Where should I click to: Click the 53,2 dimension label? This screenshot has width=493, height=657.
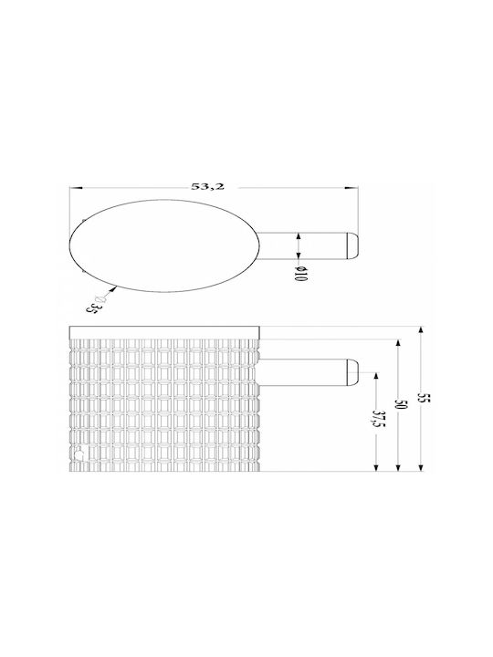208,186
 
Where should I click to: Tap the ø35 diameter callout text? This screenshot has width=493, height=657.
95,304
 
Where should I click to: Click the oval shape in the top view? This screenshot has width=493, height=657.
163,246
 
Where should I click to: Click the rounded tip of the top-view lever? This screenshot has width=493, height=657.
351,245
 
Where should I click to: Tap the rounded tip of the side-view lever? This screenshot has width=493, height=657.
352,371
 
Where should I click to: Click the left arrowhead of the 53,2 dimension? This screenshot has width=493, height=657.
75,188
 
